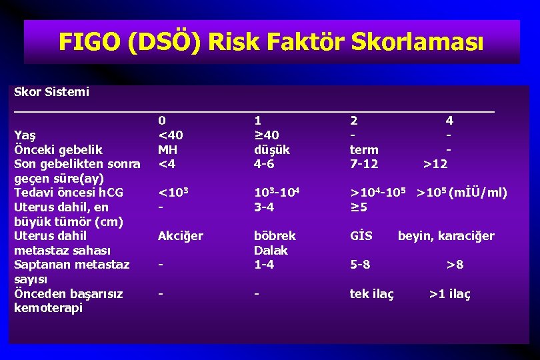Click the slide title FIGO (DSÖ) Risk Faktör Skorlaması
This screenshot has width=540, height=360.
point(270,42)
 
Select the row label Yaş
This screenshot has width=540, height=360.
point(25,135)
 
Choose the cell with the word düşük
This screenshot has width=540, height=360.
point(271,150)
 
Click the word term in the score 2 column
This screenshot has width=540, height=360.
point(364,150)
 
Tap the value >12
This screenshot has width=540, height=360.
point(435,164)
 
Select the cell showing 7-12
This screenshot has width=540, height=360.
point(364,164)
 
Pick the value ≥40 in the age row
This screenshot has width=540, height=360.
point(266,135)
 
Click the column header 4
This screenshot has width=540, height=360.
point(449,121)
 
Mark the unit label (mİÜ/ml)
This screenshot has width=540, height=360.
point(478,193)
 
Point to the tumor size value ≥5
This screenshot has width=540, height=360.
point(359,207)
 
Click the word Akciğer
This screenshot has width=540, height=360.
point(180,236)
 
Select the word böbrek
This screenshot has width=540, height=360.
point(275,236)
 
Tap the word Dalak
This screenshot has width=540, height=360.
point(271,251)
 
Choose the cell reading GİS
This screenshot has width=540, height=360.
point(361,236)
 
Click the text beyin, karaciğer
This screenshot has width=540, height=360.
point(446,236)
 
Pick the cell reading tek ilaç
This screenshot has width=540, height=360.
point(372,294)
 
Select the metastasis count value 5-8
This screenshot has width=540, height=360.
point(360,265)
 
